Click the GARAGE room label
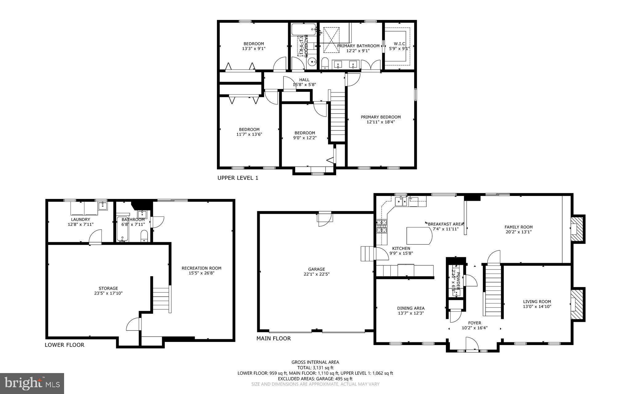point(316,269)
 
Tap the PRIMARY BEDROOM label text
point(381,117)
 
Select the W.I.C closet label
point(399,44)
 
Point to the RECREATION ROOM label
point(201,268)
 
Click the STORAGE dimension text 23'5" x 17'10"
point(108,293)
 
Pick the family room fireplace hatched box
point(577,229)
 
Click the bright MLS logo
point(32,383)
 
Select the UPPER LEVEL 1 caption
point(238,178)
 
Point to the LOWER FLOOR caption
point(64,345)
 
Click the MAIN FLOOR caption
point(273,338)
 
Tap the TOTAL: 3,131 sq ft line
point(315,368)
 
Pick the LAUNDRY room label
point(80,219)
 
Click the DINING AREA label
point(410,308)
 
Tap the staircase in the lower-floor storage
point(161,299)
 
